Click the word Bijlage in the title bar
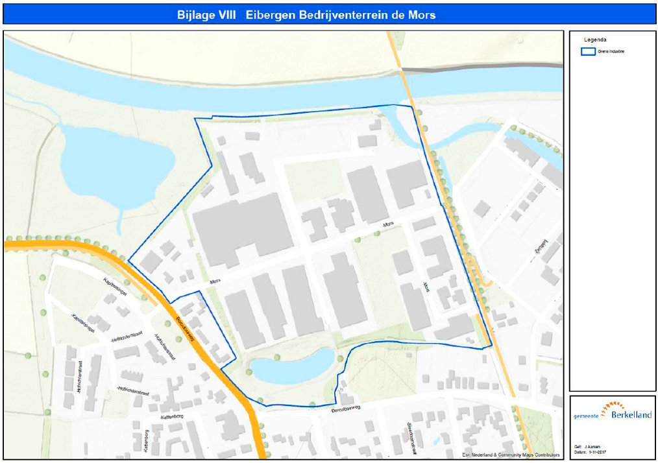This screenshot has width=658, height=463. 197,14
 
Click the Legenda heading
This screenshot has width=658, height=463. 595,40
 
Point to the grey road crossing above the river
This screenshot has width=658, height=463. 481,67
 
